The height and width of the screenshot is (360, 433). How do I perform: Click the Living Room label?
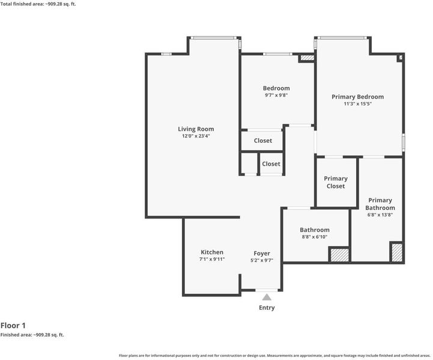point(196,129)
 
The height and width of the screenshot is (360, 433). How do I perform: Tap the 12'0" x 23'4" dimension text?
point(196,136)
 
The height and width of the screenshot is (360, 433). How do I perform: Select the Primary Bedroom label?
point(357,97)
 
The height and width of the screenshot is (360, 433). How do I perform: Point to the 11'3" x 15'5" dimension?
point(357,104)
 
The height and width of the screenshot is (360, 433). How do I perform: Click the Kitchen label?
point(212,252)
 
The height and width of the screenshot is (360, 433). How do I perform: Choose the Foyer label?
point(262,254)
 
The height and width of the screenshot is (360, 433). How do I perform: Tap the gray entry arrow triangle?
point(267,297)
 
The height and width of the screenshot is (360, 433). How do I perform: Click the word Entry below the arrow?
point(267,308)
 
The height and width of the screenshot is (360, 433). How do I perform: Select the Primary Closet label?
point(336,182)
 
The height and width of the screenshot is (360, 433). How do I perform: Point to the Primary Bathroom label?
point(380,204)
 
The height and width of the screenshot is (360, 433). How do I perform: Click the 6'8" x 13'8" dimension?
point(380,215)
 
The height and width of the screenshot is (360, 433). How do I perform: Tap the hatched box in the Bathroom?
point(339,255)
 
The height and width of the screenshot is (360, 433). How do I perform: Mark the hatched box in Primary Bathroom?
point(397,252)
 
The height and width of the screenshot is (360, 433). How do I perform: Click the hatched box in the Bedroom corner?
point(307,58)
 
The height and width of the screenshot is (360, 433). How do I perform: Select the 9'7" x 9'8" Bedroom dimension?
point(276,95)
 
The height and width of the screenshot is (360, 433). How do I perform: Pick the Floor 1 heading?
point(13,326)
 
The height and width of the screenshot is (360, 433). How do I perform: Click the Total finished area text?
point(38,4)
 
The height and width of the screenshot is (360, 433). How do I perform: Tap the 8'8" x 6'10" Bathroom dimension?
point(315,236)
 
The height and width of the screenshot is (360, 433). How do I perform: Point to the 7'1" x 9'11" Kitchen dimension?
point(212,259)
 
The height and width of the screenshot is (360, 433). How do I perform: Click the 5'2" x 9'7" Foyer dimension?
point(262,260)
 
